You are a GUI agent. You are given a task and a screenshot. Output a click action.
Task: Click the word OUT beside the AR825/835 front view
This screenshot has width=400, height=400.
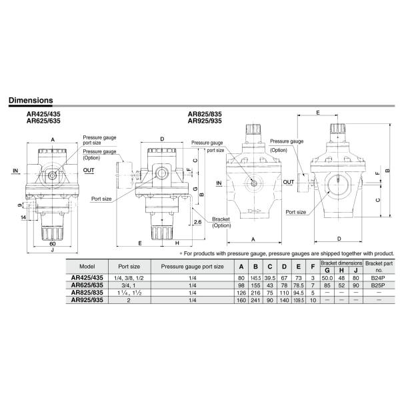coord(289,181)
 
